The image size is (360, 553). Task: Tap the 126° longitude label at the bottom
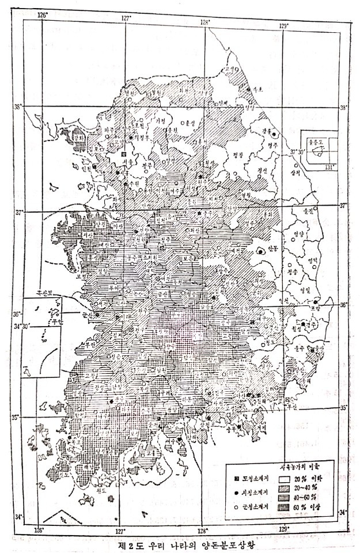38,529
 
